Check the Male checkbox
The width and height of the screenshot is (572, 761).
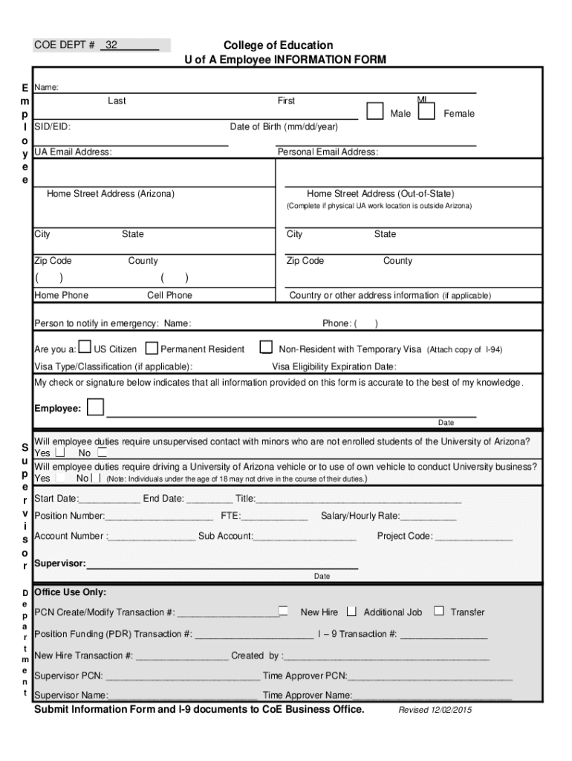coord(376,111)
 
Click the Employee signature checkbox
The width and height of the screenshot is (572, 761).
coord(95,408)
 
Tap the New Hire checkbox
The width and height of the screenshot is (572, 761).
coord(284,611)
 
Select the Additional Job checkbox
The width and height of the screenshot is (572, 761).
coord(351,611)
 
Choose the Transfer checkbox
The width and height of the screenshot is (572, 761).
coord(438,611)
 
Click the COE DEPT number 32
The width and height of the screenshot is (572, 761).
coord(111,45)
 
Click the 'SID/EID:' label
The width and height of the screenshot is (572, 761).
coord(53,127)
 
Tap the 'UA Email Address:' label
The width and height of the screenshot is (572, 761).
coord(73,152)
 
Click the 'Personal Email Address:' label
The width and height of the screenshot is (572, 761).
coord(328,152)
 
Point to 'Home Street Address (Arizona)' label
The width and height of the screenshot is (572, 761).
coord(111,194)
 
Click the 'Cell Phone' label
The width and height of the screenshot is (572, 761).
coord(169,296)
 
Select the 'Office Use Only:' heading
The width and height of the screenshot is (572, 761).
coord(71,592)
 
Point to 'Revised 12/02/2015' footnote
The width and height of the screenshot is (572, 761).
coord(435,710)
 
